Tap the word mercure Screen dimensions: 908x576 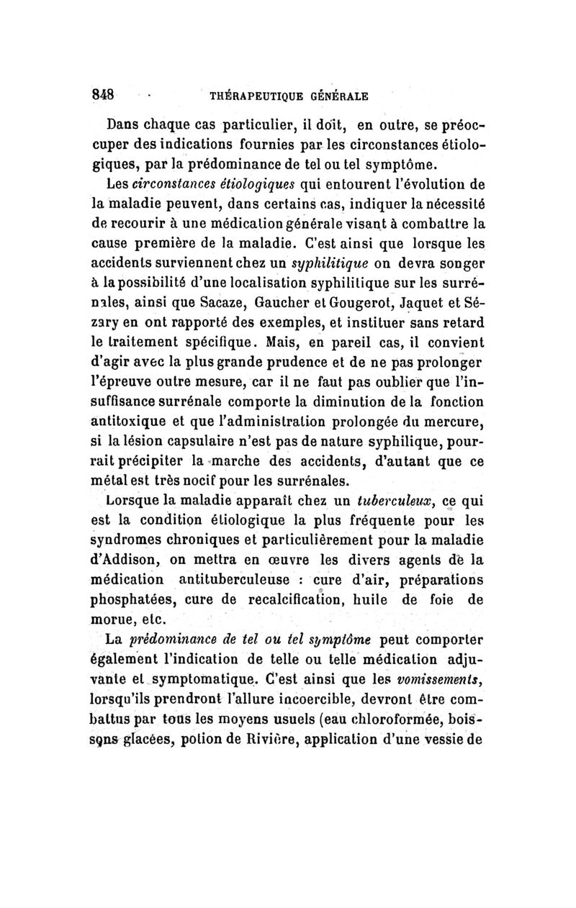tap(456, 419)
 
